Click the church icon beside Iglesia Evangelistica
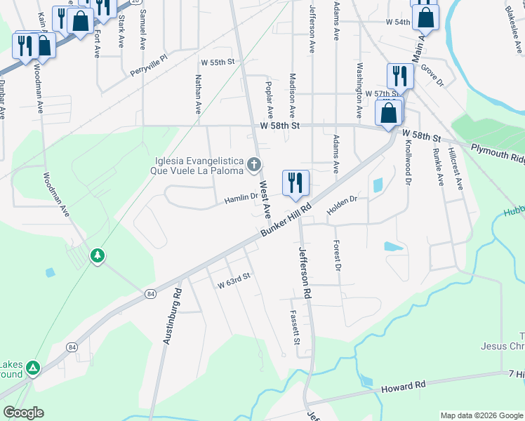(x=254, y=166)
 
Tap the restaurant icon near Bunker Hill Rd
(x=295, y=182)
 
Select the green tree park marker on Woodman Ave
(x=98, y=256)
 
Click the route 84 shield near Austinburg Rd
(x=150, y=293)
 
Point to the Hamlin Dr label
(x=241, y=201)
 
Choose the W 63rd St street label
(x=234, y=285)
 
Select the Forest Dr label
(x=338, y=256)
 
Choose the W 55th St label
(x=216, y=62)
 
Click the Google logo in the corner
(x=24, y=413)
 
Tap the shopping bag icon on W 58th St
(x=388, y=113)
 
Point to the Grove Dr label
(x=433, y=78)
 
